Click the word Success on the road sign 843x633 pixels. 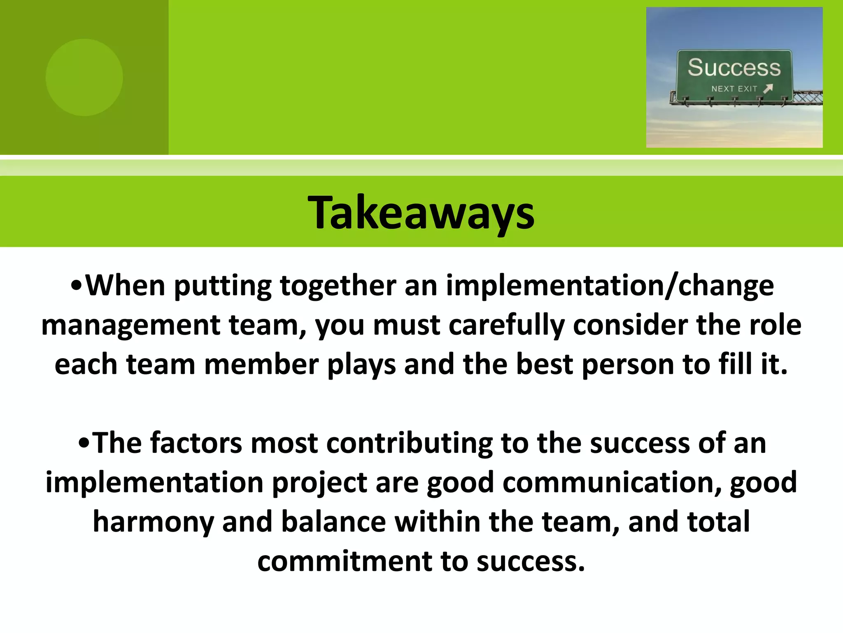[x=734, y=68]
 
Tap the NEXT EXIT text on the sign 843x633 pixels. [x=734, y=89]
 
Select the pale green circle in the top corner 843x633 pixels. [x=84, y=77]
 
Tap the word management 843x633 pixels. [x=131, y=325]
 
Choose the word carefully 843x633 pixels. [x=506, y=325]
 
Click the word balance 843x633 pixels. [x=333, y=522]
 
